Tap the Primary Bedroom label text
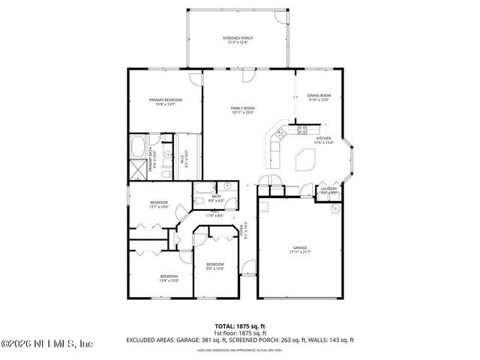pos(166,102)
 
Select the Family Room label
pos(242,111)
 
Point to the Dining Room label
pos(319,97)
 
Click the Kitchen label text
pos(323,141)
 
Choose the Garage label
pos(300,249)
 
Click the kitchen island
pos(306,160)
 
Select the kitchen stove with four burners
pos(302,129)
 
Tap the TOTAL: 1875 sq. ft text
pos(239,327)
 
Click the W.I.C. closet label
pos(184,158)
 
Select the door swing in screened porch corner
pos(281,18)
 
